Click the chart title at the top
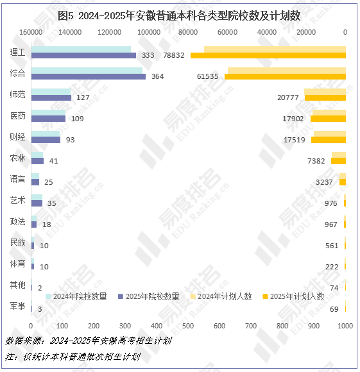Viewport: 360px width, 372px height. [179, 16]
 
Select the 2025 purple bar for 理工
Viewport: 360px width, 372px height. [83, 55]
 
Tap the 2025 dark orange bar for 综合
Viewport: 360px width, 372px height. [285, 76]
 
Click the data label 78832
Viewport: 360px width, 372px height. [174, 55]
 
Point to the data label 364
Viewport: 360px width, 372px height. [158, 76]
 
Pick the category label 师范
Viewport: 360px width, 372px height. [17, 94]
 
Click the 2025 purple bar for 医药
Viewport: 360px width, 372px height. [48, 119]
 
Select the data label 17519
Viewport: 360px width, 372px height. [295, 140]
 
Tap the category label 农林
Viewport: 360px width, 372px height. [17, 158]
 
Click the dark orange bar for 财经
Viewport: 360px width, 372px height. [329, 140]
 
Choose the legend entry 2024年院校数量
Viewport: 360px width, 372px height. [76, 296]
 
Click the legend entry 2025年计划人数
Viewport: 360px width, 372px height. [293, 296]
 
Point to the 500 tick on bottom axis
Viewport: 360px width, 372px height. [188, 326]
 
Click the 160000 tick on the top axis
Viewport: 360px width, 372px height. [31, 32]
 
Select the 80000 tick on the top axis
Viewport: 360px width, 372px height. [188, 32]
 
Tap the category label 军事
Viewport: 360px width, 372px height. [17, 306]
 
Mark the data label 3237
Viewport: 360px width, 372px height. [324, 182]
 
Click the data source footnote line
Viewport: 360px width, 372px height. [89, 341]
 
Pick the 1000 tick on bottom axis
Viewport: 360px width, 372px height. [345, 326]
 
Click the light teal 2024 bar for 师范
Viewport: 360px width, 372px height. [51, 92]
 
